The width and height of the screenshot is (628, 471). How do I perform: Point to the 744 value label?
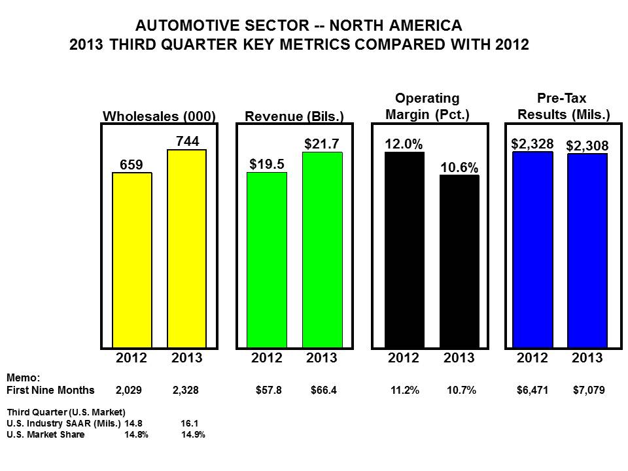pyautogui.click(x=188, y=141)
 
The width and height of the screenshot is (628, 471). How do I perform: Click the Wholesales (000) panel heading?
pyautogui.click(x=160, y=116)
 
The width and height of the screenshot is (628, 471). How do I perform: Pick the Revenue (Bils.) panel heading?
pyautogui.click(x=294, y=116)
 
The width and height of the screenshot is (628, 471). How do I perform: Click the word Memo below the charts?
pyautogui.click(x=22, y=378)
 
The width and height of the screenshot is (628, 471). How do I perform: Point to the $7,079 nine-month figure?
pyautogui.click(x=588, y=391)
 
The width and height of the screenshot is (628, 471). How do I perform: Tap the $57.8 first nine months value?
pyautogui.click(x=268, y=391)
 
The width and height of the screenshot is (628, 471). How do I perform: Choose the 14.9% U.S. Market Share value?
pyautogui.click(x=193, y=434)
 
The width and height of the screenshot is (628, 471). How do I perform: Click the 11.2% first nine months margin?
pyautogui.click(x=404, y=391)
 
